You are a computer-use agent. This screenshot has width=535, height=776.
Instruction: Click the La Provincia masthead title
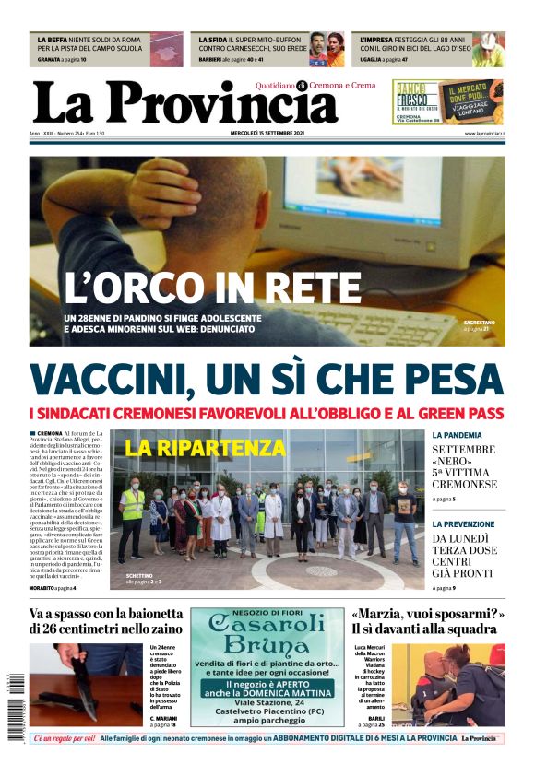[184, 102]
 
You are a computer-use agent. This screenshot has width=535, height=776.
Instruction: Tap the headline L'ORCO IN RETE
[211, 288]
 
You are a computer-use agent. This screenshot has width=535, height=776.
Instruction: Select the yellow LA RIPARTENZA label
[205, 448]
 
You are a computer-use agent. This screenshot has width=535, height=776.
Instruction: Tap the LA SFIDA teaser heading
[213, 41]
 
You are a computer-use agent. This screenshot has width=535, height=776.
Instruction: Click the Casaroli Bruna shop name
[267, 632]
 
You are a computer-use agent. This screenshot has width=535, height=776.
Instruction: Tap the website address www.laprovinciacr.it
[484, 134]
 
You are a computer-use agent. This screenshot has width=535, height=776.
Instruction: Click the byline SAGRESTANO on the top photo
[479, 323]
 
